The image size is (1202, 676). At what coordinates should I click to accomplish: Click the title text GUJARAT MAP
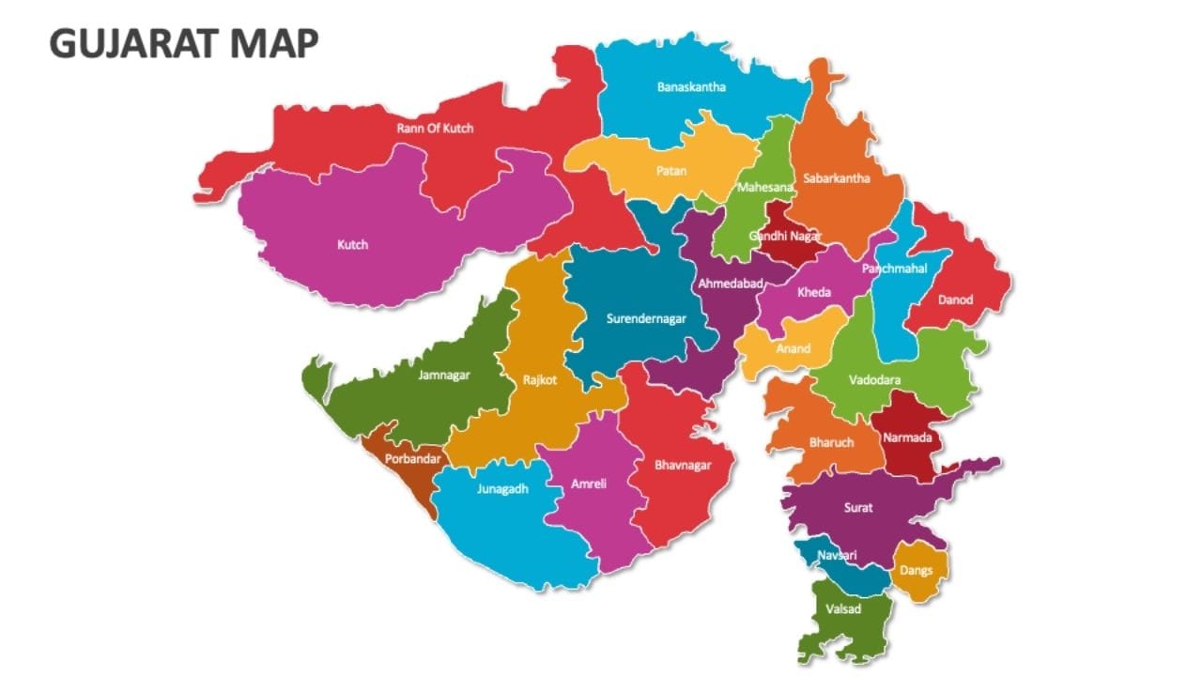[184, 43]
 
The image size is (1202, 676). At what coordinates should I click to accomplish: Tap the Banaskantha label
[691, 87]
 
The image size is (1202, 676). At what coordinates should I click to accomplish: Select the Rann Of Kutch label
[435, 128]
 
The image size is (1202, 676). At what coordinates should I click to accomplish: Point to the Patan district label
[670, 171]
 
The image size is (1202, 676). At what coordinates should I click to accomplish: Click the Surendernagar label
[646, 318]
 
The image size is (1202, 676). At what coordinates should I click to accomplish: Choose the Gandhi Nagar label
[785, 236]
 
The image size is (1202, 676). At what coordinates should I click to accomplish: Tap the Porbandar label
[413, 460]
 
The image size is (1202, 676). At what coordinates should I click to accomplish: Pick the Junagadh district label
[502, 489]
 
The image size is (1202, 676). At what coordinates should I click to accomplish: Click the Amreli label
[589, 484]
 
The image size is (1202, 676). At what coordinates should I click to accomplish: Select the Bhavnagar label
[683, 464]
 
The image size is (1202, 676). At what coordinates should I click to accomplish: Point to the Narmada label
[907, 438]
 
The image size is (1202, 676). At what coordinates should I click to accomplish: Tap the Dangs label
[917, 570]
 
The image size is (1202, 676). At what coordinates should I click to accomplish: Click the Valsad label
[842, 608]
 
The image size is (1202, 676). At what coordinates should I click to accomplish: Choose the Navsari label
[837, 555]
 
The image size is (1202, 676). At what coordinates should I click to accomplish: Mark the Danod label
[955, 300]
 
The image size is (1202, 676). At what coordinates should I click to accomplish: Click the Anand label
[793, 348]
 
